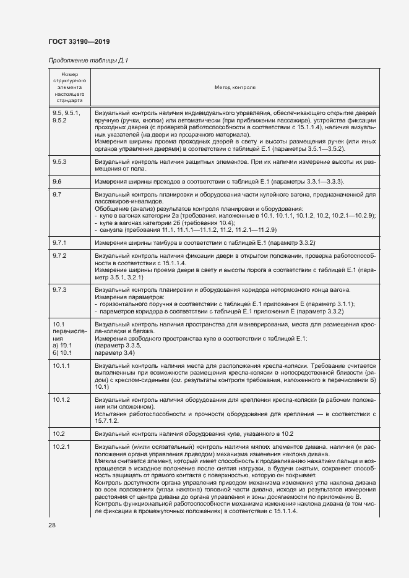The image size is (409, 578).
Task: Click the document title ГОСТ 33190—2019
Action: pyautogui.click(x=79, y=42)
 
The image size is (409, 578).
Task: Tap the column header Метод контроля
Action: pyautogui.click(x=235, y=88)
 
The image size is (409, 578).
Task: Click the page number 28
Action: pyautogui.click(x=51, y=525)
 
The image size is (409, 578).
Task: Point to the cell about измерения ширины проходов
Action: pyautogui.click(x=219, y=181)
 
